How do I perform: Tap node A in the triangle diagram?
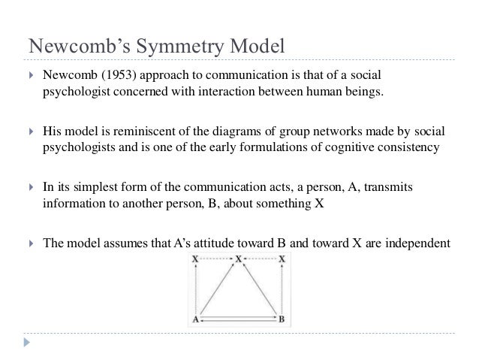click(x=195, y=318)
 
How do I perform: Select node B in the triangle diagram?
click(x=282, y=318)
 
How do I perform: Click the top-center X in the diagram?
click(x=239, y=259)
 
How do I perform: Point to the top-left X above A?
click(x=195, y=259)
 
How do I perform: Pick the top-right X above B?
click(x=282, y=259)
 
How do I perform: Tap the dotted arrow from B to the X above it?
click(x=282, y=288)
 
